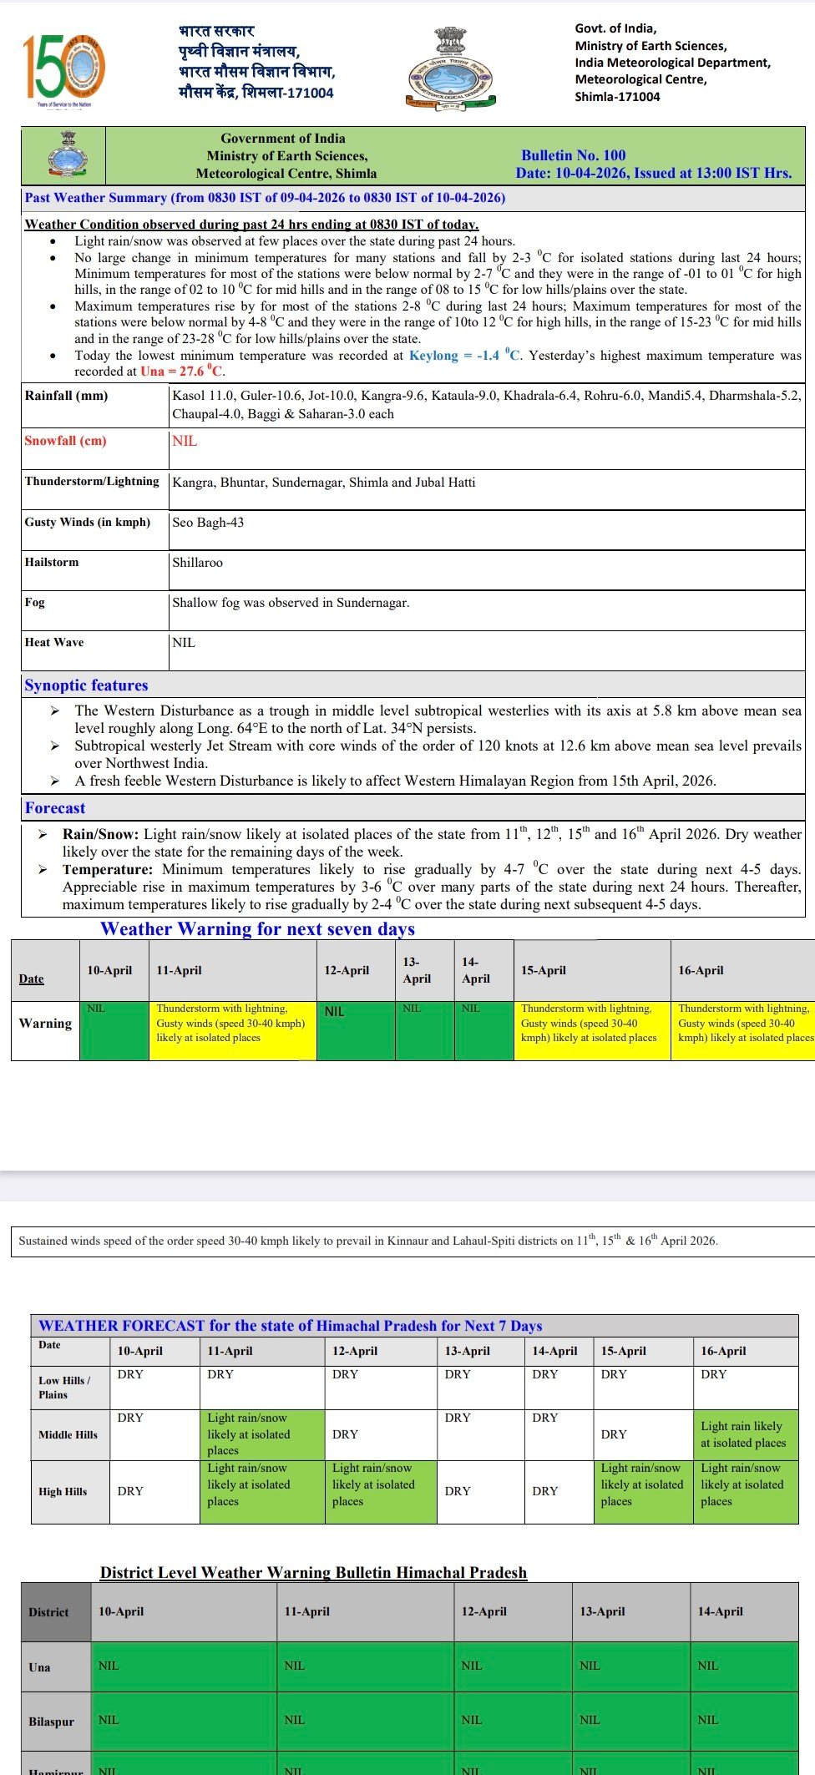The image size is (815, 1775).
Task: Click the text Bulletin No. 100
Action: click(x=573, y=155)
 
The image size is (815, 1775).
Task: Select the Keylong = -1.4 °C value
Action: click(x=464, y=356)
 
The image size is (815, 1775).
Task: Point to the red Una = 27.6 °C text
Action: click(x=182, y=372)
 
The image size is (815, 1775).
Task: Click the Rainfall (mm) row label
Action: click(x=67, y=396)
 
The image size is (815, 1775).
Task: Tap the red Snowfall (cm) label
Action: click(x=65, y=441)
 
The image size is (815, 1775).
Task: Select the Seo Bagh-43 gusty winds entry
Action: click(x=208, y=523)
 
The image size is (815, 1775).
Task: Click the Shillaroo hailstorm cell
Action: click(x=198, y=563)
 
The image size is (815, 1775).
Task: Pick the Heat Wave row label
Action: click(x=54, y=643)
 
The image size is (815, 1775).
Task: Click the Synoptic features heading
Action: click(x=86, y=685)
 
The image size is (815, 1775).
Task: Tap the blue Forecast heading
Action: click(x=55, y=808)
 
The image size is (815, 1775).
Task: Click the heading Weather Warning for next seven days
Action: click(x=257, y=929)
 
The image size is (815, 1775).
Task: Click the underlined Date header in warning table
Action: click(x=32, y=979)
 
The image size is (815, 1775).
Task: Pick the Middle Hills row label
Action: click(x=68, y=1434)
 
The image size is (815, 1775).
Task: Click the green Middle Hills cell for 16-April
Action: click(x=744, y=1434)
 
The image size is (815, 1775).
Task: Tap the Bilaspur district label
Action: click(x=52, y=1722)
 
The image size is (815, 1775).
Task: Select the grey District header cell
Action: click(x=49, y=1612)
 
